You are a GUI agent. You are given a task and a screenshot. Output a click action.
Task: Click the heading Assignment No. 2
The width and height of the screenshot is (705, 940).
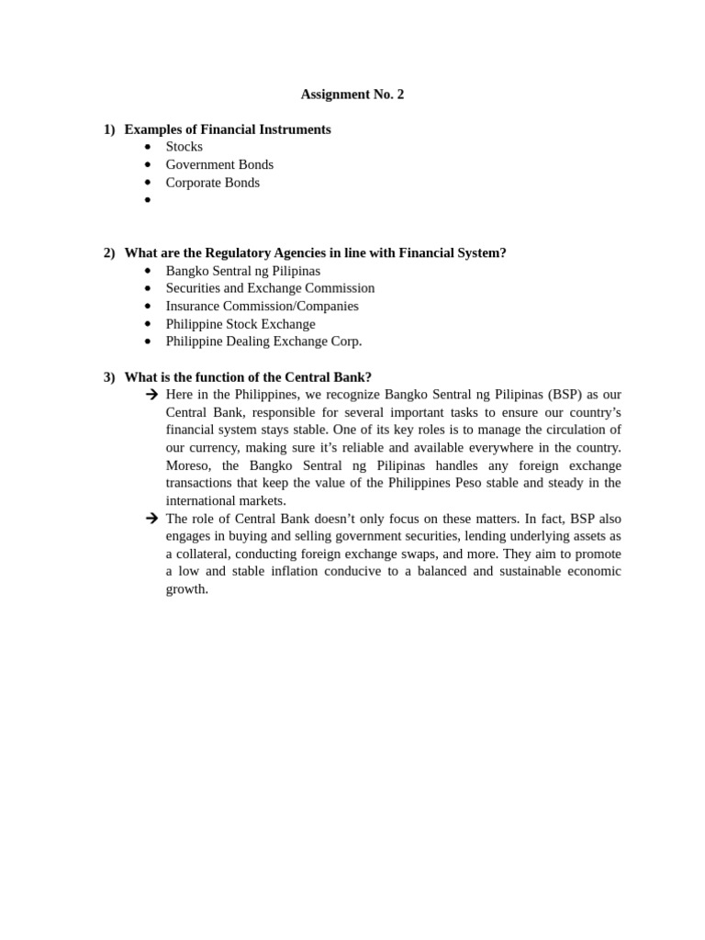(x=352, y=95)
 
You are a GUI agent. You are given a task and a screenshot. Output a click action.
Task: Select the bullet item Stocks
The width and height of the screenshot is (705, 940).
(x=185, y=147)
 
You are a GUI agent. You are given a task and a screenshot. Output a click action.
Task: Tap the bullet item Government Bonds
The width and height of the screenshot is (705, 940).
(x=219, y=164)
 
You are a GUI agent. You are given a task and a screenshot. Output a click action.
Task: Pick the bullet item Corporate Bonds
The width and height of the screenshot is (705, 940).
(x=212, y=183)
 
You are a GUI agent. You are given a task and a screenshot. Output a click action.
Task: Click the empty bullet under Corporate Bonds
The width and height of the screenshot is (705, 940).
(x=147, y=199)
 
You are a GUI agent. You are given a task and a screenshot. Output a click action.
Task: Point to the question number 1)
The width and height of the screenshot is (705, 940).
(x=109, y=129)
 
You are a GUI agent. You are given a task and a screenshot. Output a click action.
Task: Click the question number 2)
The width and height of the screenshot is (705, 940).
(x=109, y=253)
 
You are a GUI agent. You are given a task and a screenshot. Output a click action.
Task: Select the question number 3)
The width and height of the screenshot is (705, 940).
(x=109, y=377)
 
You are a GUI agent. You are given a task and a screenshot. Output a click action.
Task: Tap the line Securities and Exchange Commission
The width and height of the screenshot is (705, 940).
(x=270, y=288)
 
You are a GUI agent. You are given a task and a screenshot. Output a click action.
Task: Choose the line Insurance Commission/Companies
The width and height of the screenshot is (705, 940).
(x=262, y=306)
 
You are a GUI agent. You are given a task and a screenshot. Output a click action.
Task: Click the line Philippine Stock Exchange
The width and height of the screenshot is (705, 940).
(x=240, y=324)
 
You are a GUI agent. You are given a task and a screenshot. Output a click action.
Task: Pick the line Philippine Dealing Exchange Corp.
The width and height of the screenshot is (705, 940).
(x=263, y=341)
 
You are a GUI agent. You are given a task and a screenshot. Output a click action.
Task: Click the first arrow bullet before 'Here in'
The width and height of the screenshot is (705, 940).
(x=151, y=395)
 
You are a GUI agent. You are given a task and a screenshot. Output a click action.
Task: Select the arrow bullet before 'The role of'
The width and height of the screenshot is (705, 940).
(x=151, y=519)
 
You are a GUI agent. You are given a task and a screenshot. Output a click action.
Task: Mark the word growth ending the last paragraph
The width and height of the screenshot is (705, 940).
(x=186, y=589)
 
